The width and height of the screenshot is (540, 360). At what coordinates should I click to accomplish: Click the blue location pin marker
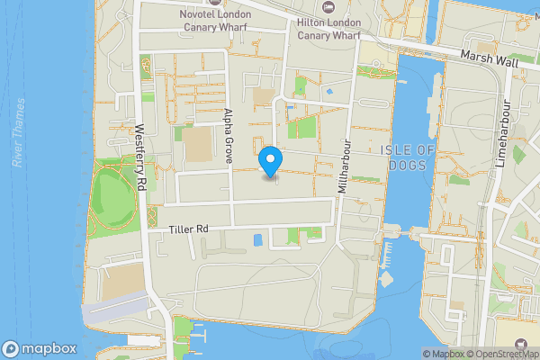(x=270, y=162)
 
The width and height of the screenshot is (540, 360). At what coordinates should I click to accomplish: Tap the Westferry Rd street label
(x=141, y=157)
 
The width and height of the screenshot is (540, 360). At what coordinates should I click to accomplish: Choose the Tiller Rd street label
(x=188, y=230)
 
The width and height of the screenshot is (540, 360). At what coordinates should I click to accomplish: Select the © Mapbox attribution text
(x=445, y=354)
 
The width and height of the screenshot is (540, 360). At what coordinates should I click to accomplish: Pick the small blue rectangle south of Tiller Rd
(x=259, y=239)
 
